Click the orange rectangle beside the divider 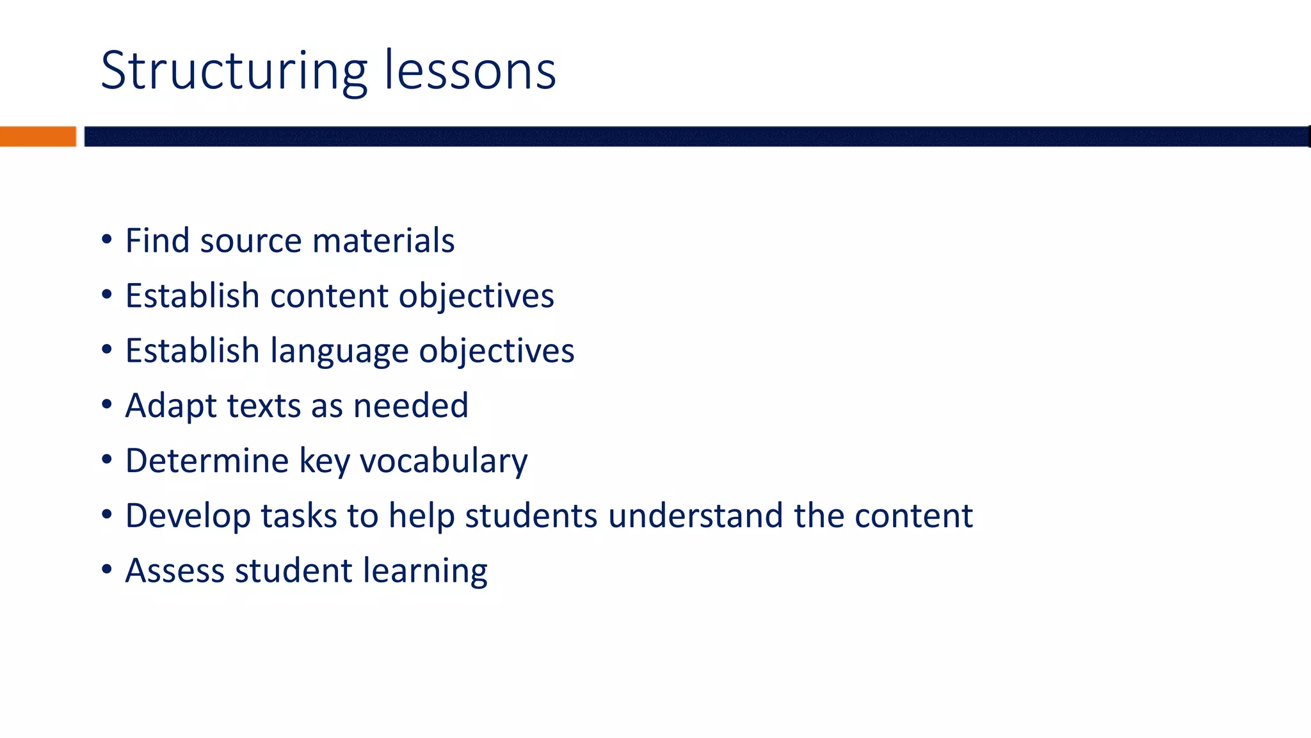coord(38,136)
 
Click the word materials coord(383,240)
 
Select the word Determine coord(207,461)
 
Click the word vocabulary coord(444,461)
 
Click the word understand coord(695,516)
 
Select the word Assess coord(175,570)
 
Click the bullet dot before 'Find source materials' coord(107,240)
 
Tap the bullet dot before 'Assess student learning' coord(107,570)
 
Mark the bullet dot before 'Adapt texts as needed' coord(107,405)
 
